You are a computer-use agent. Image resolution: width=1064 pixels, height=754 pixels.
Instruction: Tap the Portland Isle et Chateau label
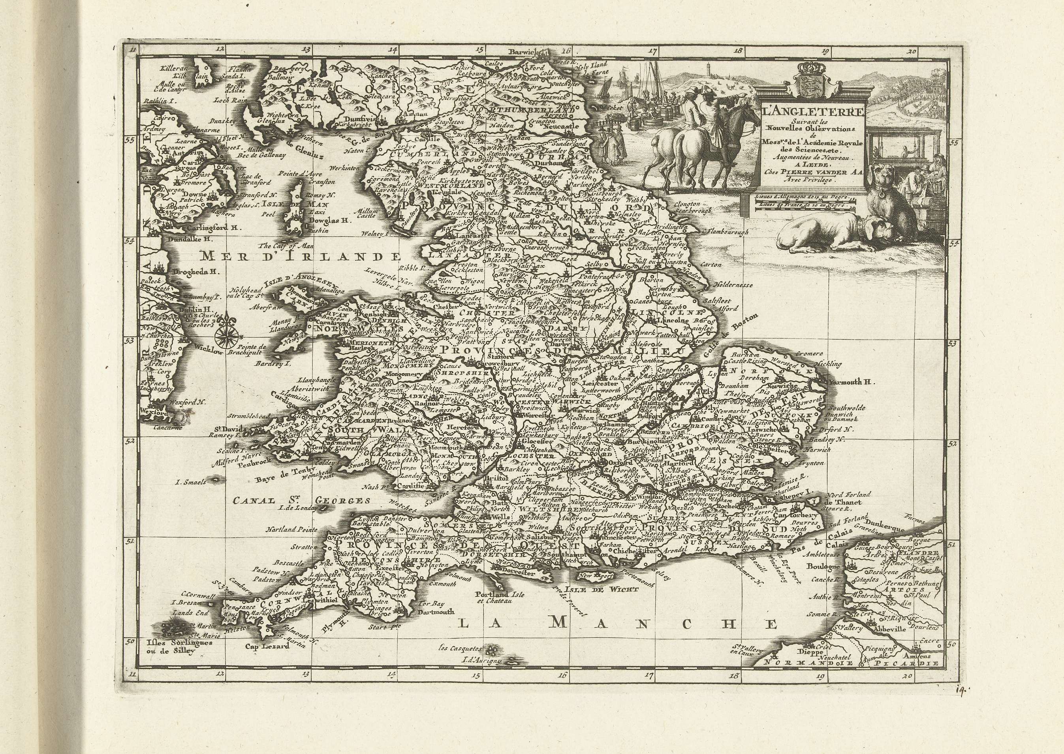click(493, 597)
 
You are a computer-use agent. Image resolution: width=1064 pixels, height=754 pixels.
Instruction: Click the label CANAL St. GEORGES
click(301, 500)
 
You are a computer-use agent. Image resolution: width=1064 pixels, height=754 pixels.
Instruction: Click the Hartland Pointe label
click(291, 529)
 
